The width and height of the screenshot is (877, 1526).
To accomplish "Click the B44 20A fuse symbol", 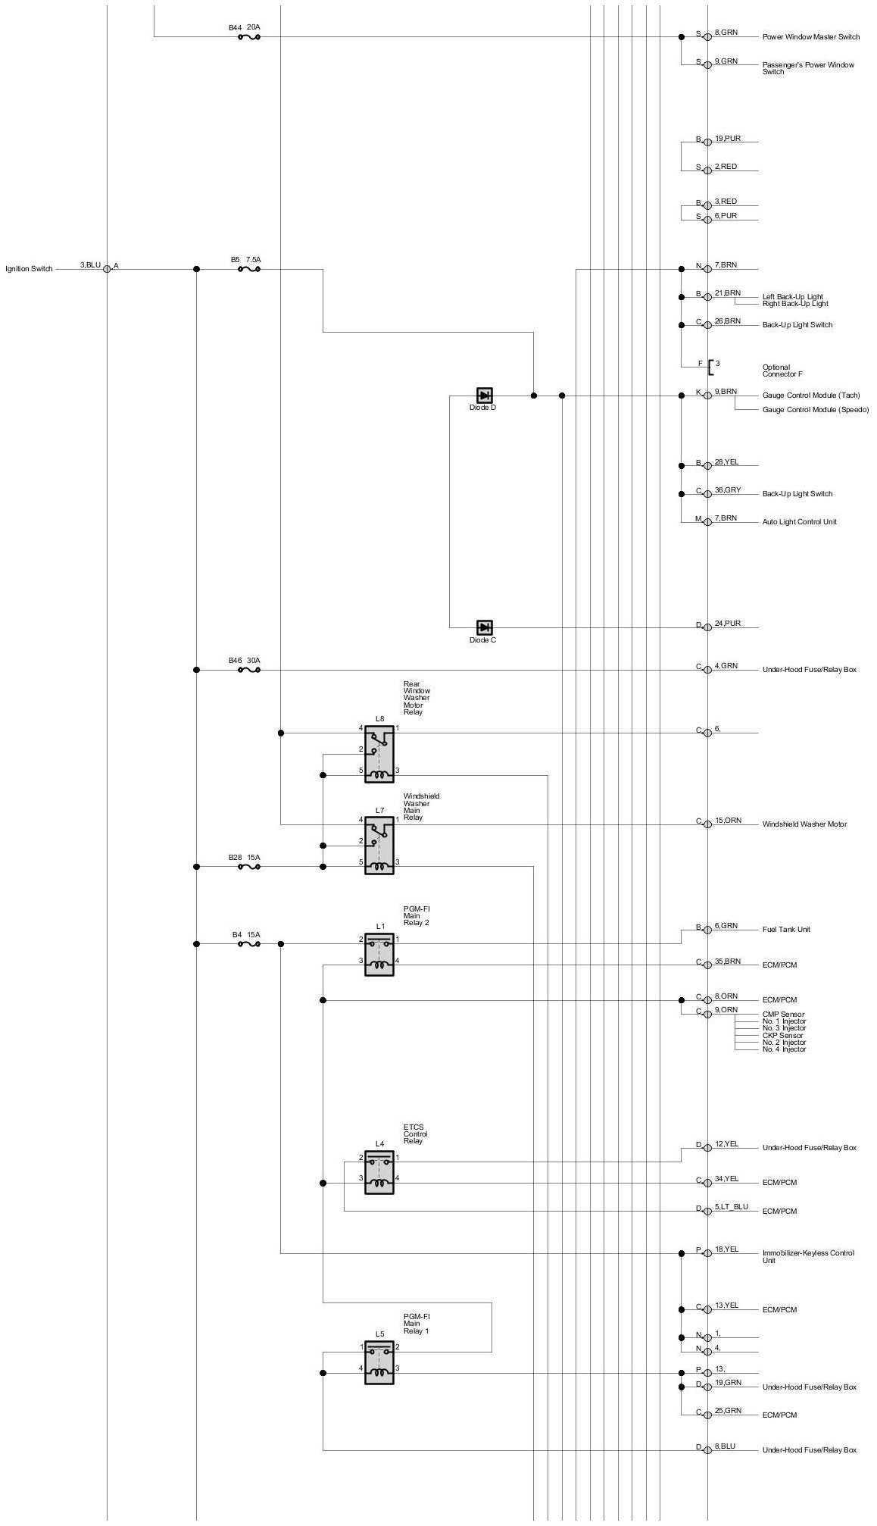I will pos(249,36).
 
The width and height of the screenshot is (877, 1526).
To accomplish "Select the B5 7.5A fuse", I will pos(249,268).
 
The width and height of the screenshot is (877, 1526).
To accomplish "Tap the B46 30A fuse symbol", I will pos(249,670).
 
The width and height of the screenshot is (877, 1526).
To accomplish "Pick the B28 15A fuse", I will pos(249,866).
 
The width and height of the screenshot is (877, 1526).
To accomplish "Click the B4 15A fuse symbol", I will pos(249,943).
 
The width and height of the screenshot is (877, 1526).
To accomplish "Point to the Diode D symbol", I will pos(485,395).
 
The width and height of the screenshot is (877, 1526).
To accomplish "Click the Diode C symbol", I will pos(485,627).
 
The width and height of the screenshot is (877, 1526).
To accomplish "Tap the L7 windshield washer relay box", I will pos(379,845).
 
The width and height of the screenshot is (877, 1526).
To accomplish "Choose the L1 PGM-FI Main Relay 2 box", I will pos(379,954).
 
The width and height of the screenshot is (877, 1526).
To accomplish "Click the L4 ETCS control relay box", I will pos(379,1172).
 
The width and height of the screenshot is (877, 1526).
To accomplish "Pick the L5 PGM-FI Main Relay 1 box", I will pos(379,1362).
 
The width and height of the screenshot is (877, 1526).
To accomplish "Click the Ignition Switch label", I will pos(30,269).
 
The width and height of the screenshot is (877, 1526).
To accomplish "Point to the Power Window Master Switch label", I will pos(811,37).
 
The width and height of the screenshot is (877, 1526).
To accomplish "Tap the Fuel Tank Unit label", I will pos(786,930).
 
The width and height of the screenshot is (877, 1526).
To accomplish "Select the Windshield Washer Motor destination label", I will pos(804,824).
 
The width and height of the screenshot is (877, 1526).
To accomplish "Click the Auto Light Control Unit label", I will pos(799,522).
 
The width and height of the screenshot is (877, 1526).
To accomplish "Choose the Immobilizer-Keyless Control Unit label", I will pos(808,1257).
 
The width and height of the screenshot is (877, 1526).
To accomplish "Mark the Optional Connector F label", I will pos(782,371).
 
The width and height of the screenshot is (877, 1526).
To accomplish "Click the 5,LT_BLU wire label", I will pos(731,1207).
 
